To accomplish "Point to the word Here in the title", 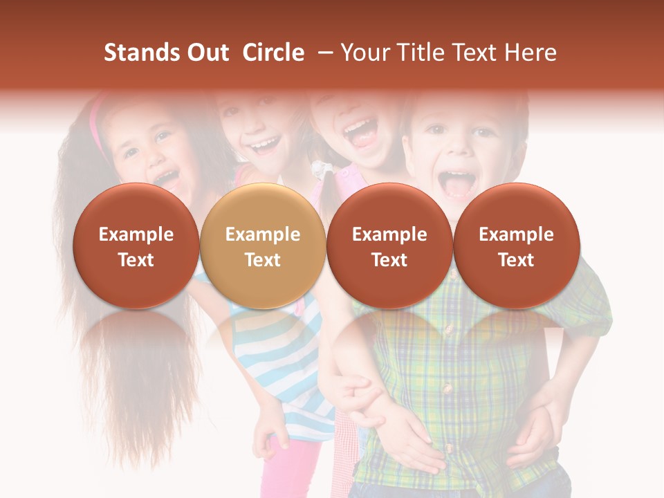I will click(x=531, y=53).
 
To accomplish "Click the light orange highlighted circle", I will click(x=262, y=246).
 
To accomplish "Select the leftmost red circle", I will click(x=136, y=246).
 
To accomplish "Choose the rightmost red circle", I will click(x=516, y=246).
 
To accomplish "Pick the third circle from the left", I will click(x=389, y=246).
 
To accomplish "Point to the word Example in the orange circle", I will click(x=262, y=234).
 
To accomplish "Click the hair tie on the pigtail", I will click(x=319, y=169).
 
